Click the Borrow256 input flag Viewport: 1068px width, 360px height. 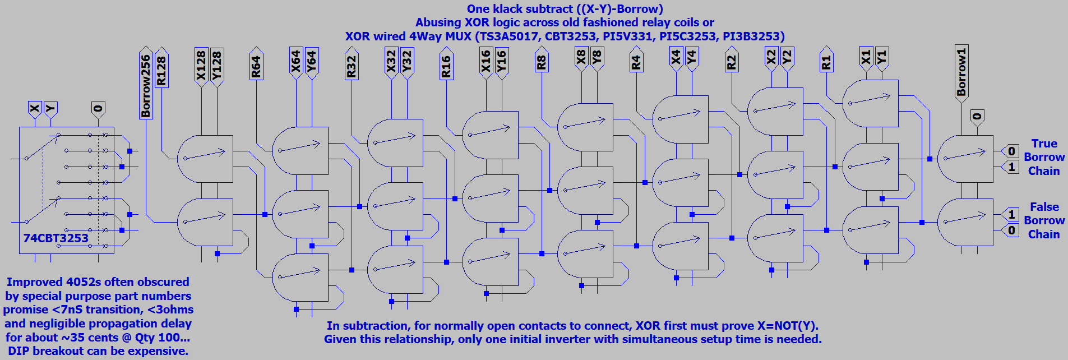click(x=146, y=84)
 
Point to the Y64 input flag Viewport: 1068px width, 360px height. click(x=312, y=62)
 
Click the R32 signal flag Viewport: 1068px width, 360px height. click(x=352, y=66)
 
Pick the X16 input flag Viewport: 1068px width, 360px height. click(x=486, y=61)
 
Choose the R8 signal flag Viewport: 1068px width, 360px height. click(x=542, y=62)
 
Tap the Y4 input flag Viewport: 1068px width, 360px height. click(x=692, y=57)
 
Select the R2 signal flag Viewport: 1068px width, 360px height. click(x=732, y=62)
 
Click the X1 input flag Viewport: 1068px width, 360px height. click(x=866, y=57)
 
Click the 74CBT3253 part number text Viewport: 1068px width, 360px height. click(x=56, y=238)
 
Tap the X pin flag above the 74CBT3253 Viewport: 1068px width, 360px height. click(x=35, y=108)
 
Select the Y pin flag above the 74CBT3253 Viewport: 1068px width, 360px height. click(x=50, y=108)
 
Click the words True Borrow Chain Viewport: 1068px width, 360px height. click(x=1044, y=158)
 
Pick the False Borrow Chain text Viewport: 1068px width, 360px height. click(x=1044, y=221)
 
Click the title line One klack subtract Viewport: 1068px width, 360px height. click(x=565, y=9)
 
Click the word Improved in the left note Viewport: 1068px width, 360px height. click(x=34, y=282)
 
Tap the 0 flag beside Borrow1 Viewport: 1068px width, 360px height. click(x=977, y=117)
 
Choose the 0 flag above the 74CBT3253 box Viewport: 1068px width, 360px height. click(x=98, y=108)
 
